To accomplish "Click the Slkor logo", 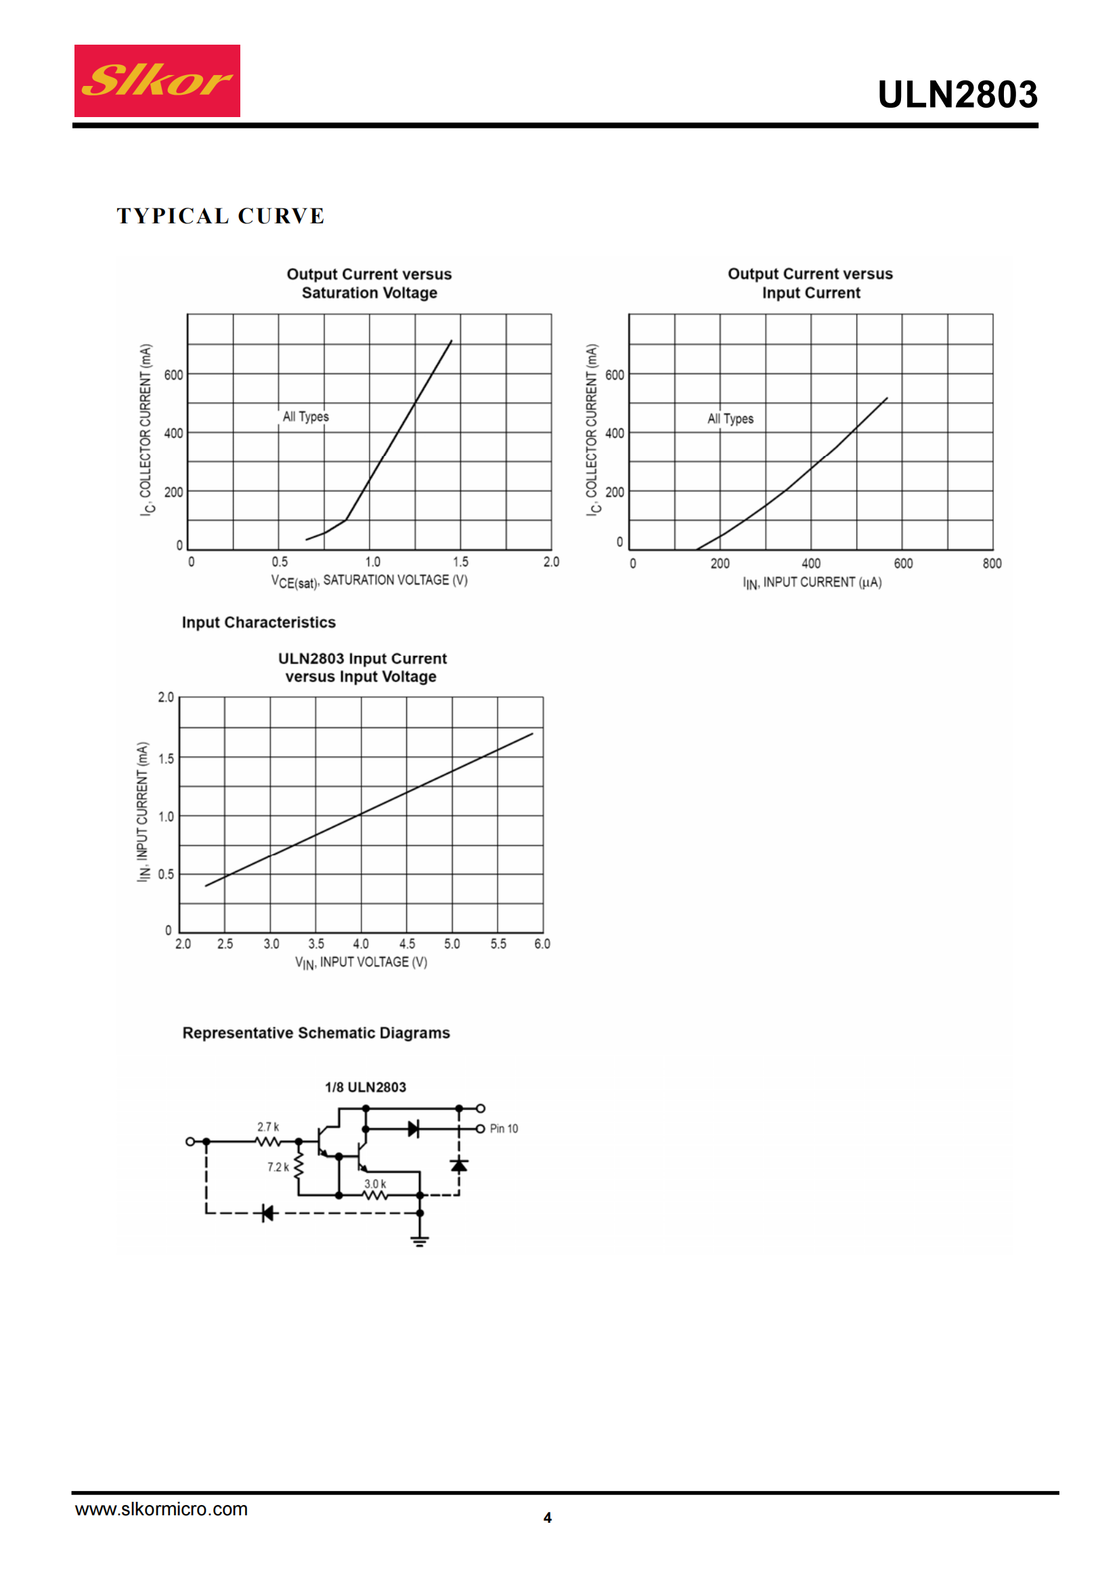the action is tap(157, 81).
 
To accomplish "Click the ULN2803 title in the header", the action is tap(957, 95).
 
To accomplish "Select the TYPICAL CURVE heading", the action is tap(221, 216).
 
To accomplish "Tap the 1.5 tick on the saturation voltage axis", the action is tap(460, 562).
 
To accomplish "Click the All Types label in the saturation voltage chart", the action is tap(305, 416).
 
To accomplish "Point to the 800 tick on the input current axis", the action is tap(992, 563).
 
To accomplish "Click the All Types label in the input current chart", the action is tap(730, 418).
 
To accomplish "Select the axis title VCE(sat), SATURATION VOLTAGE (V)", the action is tap(369, 581).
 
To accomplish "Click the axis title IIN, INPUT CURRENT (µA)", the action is tap(812, 583).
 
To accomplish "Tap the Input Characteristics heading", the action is tap(259, 623).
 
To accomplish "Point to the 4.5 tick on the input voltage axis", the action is tap(407, 944).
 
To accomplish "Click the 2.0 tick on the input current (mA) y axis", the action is tap(166, 697).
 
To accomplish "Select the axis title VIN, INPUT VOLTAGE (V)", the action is tap(361, 962).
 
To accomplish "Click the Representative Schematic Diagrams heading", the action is tap(315, 1033).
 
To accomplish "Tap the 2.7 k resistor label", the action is tap(268, 1127).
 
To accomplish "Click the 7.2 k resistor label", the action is tap(278, 1167).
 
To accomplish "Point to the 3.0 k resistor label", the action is tap(375, 1184).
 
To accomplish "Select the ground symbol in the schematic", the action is tap(420, 1241).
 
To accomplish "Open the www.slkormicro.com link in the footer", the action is tap(161, 1509).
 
